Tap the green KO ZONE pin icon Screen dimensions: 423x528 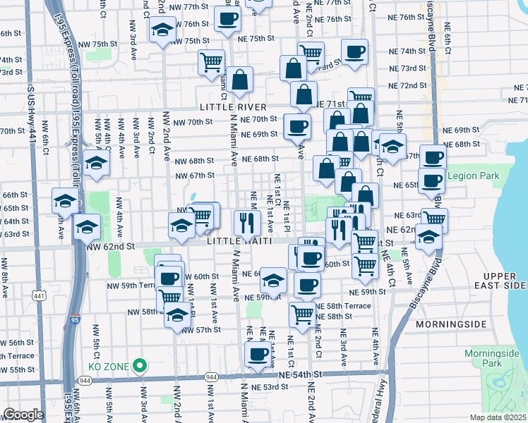coord(140,366)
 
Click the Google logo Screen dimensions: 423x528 coord(23,415)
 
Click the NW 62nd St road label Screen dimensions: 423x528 coord(110,247)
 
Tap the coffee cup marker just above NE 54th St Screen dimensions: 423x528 coord(258,354)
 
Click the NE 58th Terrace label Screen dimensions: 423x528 coord(343,306)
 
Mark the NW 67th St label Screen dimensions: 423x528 coord(195,176)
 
